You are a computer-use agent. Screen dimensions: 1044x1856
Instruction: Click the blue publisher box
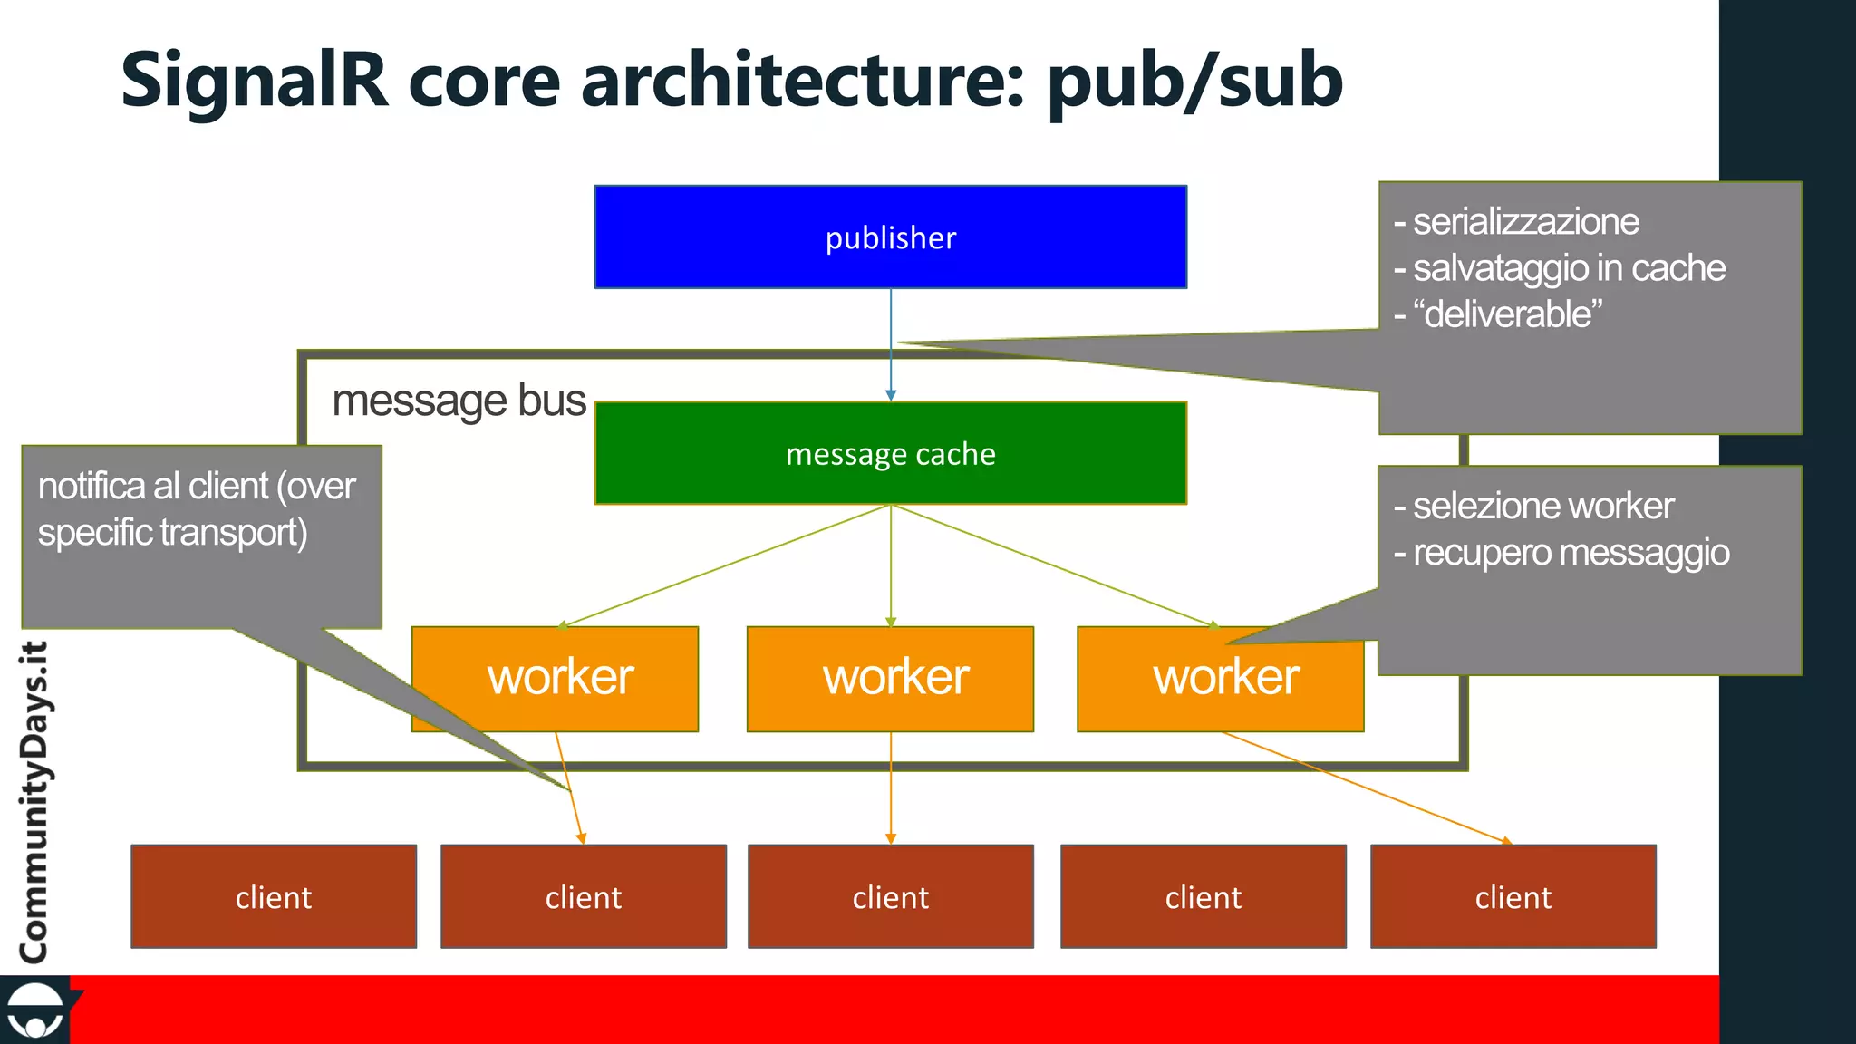890,237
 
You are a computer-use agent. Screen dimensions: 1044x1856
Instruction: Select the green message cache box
890,453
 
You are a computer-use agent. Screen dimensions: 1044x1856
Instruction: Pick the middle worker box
890,678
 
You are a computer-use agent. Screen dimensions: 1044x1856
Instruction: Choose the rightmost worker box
1220,678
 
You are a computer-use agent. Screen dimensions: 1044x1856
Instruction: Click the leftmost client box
274,896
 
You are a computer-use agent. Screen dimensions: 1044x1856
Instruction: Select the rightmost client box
1513,896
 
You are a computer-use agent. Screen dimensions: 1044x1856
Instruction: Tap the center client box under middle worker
890,896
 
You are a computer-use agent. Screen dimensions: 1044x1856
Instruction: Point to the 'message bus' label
459,401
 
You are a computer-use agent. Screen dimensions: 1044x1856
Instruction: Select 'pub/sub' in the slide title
1194,82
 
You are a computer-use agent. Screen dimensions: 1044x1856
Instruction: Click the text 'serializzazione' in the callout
1525,222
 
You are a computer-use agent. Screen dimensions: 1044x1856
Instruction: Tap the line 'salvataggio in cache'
1568,268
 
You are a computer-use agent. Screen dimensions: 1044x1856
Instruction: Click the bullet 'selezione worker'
1542,506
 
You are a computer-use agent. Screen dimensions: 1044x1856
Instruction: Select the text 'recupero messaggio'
1571,553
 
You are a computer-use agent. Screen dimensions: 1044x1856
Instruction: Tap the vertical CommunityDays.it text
34,802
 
